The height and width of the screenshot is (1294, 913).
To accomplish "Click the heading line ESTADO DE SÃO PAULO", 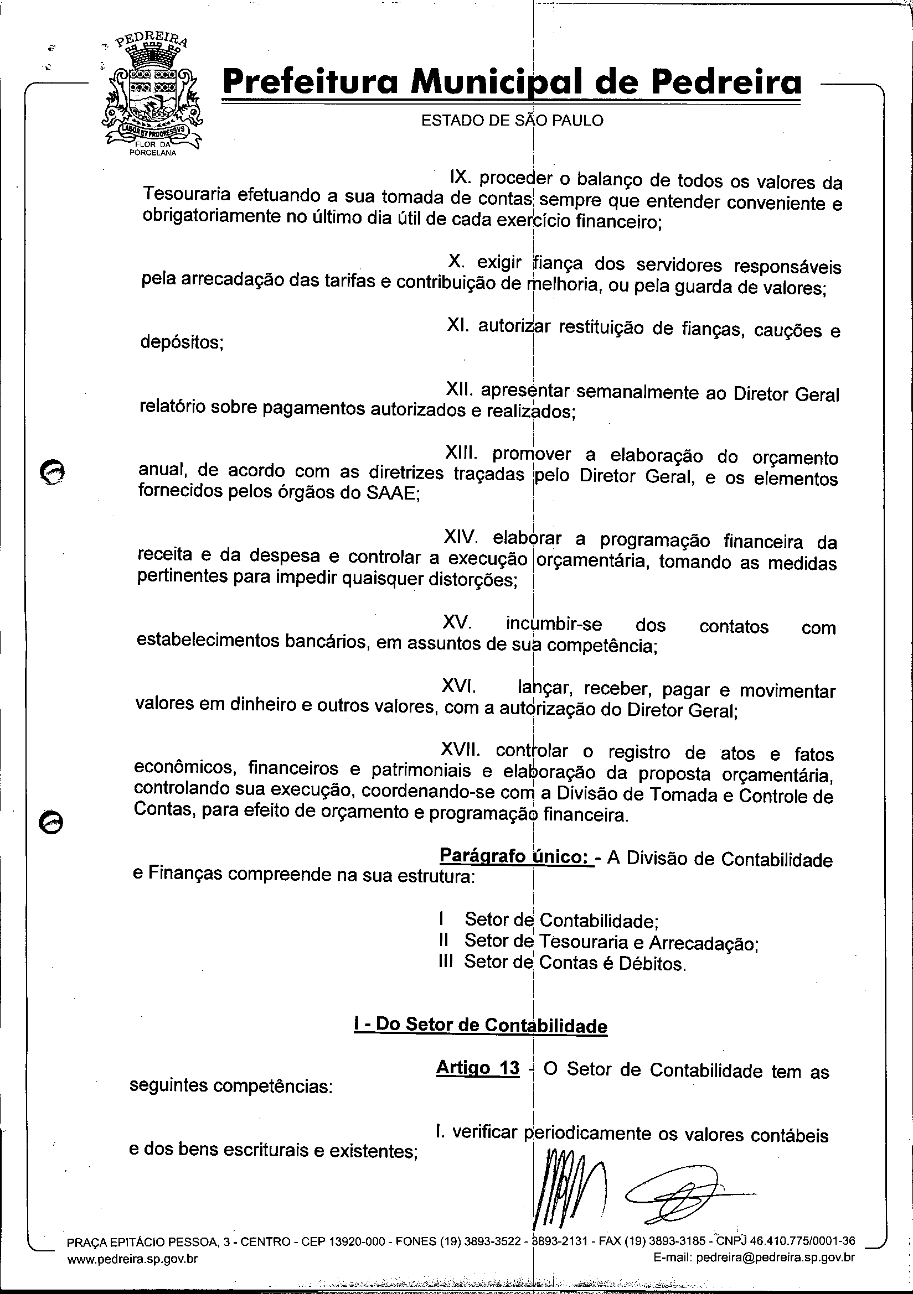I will (512, 121).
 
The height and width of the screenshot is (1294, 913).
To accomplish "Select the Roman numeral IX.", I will (460, 178).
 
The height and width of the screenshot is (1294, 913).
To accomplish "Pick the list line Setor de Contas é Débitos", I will (575, 963).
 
